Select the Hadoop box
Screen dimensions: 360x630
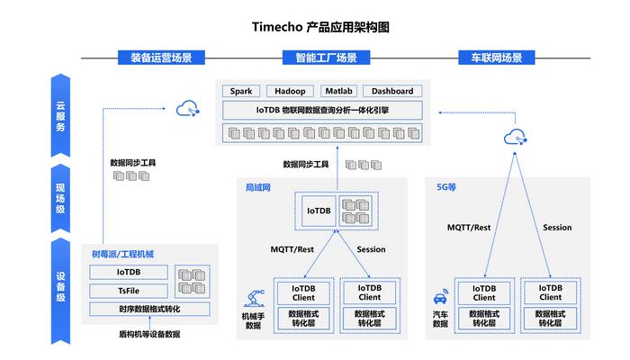(290, 91)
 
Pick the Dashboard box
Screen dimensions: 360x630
(392, 91)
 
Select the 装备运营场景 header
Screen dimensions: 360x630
(161, 58)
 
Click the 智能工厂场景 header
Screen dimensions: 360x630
(326, 58)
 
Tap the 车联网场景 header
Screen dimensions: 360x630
(490, 58)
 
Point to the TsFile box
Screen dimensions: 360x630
(129, 290)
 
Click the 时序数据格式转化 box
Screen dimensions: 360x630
(150, 309)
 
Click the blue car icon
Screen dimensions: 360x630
(440, 298)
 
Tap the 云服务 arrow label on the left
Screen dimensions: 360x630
(61, 115)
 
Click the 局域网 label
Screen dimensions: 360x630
(258, 188)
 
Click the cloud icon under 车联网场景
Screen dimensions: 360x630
(515, 137)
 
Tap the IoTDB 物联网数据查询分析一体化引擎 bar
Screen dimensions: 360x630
(321, 110)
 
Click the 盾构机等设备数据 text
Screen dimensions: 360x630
(149, 334)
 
